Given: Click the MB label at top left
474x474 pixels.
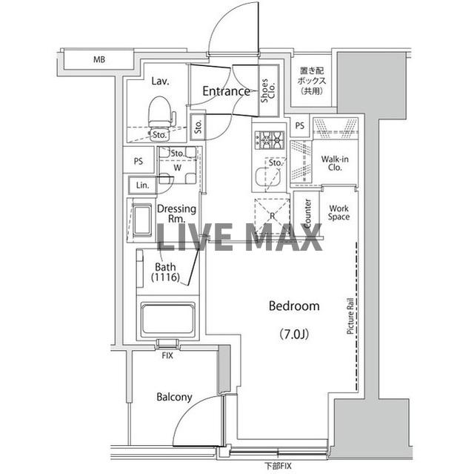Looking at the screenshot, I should point(99,59).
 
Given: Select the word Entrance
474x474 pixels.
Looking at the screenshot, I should point(226,92).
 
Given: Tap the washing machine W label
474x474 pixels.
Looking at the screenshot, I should point(177,168).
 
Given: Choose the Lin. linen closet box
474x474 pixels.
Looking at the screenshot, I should point(142,185).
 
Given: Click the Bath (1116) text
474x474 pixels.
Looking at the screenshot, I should point(167,272).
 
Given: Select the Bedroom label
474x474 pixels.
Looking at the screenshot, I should point(294,306).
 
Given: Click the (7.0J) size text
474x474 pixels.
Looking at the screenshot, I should point(294,333).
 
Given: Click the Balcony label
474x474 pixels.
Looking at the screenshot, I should point(174,397).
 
